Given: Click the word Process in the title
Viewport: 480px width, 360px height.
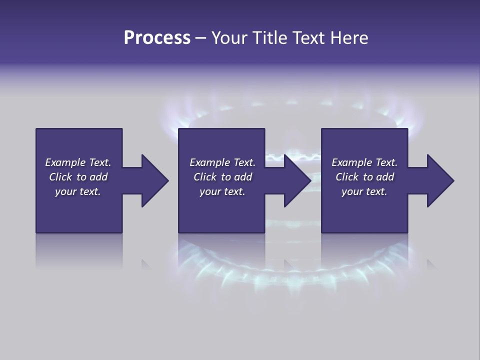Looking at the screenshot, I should pyautogui.click(x=157, y=38).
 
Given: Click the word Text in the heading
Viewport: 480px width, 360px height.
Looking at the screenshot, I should pyautogui.click(x=308, y=38).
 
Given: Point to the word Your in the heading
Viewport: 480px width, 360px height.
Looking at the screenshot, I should pyautogui.click(x=229, y=38).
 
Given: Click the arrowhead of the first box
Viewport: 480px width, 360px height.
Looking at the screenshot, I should pyautogui.click(x=155, y=180).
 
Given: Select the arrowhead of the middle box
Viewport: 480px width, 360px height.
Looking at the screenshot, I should pyautogui.click(x=297, y=180).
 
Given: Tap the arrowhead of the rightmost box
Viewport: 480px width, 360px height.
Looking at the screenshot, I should pyautogui.click(x=440, y=180).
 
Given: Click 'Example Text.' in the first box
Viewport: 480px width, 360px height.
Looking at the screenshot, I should pyautogui.click(x=78, y=162).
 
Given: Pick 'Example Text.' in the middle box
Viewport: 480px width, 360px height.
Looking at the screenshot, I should pyautogui.click(x=222, y=162).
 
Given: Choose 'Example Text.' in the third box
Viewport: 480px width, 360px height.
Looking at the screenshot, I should pyautogui.click(x=364, y=162).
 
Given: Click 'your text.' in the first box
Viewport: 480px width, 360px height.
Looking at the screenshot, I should pyautogui.click(x=78, y=191).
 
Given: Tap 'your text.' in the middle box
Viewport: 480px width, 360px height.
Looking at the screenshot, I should pyautogui.click(x=222, y=191).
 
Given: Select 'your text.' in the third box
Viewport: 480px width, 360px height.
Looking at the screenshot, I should pyautogui.click(x=364, y=191).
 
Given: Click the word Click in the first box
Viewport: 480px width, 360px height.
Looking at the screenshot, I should pyautogui.click(x=60, y=177).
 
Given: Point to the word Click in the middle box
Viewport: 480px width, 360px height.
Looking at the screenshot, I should pyautogui.click(x=205, y=177).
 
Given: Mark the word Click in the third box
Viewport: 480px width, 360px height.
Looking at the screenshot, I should pyautogui.click(x=347, y=177).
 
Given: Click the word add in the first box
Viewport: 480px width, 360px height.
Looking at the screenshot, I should pyautogui.click(x=98, y=177).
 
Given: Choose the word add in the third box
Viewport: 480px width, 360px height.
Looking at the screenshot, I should pyautogui.click(x=385, y=177).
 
